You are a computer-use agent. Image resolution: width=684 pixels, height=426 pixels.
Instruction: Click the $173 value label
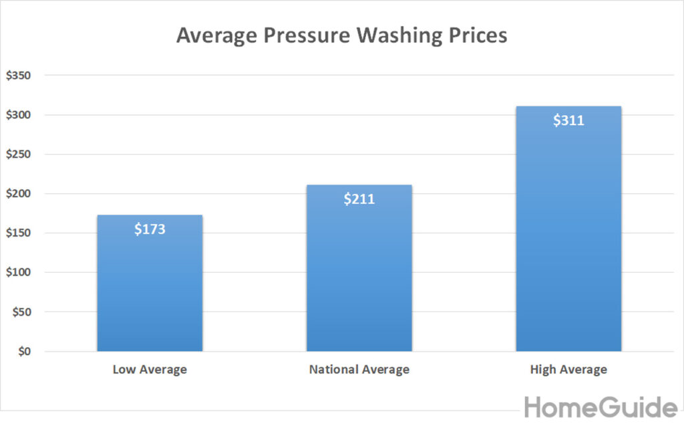coord(150,229)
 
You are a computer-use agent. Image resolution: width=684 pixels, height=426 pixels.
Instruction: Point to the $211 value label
coord(359,199)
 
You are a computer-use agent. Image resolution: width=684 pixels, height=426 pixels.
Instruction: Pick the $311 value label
coord(568,121)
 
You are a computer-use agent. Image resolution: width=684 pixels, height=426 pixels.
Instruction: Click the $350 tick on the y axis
coord(19,76)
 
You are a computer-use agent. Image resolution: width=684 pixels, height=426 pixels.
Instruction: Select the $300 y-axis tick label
coord(19,115)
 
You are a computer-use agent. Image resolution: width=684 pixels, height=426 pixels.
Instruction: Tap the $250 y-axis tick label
coord(19,154)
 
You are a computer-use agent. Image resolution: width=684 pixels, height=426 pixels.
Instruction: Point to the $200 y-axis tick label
coord(19,194)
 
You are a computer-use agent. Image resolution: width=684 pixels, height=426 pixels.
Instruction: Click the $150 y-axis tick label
coord(19,233)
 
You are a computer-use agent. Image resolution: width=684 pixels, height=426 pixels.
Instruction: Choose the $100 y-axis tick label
coord(19,273)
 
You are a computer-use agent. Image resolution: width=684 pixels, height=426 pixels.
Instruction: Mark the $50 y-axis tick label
coord(21,312)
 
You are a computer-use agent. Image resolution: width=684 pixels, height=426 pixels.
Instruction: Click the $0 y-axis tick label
coord(23,351)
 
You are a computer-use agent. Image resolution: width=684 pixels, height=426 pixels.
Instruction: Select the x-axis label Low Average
coord(150,369)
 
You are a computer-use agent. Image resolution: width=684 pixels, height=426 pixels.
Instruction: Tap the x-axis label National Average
coord(359,369)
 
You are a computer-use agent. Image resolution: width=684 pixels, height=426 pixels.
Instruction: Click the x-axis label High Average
coord(568,369)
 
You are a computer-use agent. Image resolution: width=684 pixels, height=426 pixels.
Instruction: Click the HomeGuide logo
coord(601,407)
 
